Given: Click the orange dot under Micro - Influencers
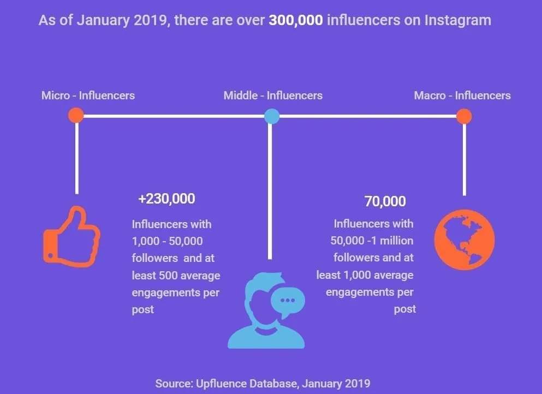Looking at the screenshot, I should [76, 116].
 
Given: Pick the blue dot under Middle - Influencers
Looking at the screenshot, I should [271, 116].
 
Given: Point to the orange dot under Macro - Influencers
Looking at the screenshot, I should [463, 116].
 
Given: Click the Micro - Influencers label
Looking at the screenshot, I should [88, 95].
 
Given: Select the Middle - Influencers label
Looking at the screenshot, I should [273, 95].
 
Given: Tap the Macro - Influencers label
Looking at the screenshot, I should [462, 95].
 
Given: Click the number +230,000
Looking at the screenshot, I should [166, 199].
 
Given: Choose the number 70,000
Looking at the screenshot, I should [385, 201].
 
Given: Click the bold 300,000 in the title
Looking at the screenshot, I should [291, 21].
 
